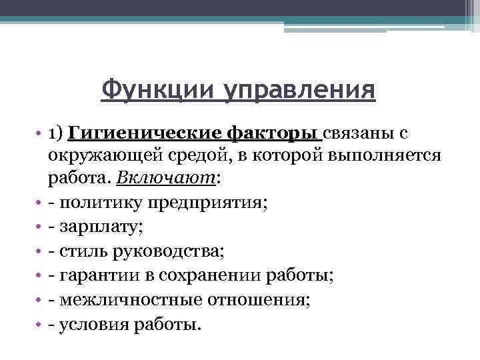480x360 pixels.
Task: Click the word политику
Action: (96, 202)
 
